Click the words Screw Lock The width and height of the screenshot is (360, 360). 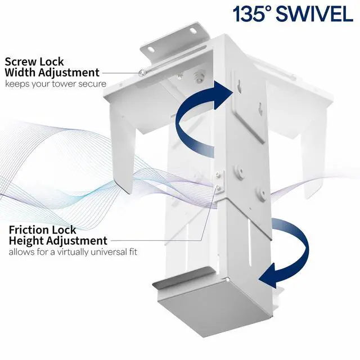pos(33,61)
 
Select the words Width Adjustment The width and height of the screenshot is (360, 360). pos(52,72)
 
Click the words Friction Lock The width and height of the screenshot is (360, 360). pos(43,230)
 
